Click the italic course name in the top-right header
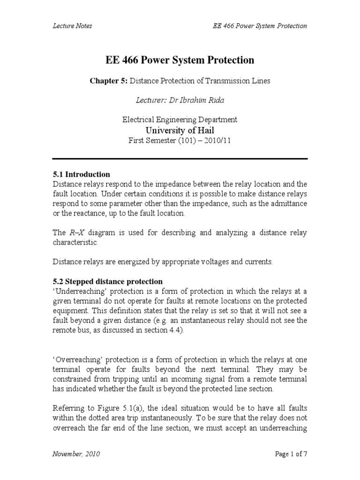click(256, 26)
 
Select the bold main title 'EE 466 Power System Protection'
click(180, 60)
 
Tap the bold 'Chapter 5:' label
click(108, 81)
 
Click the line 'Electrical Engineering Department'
click(180, 120)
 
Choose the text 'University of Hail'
click(180, 130)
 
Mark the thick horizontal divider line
click(180, 157)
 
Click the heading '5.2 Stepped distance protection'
click(107, 281)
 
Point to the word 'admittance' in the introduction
click(290, 204)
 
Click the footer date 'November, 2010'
click(75, 454)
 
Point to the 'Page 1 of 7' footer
click(289, 454)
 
